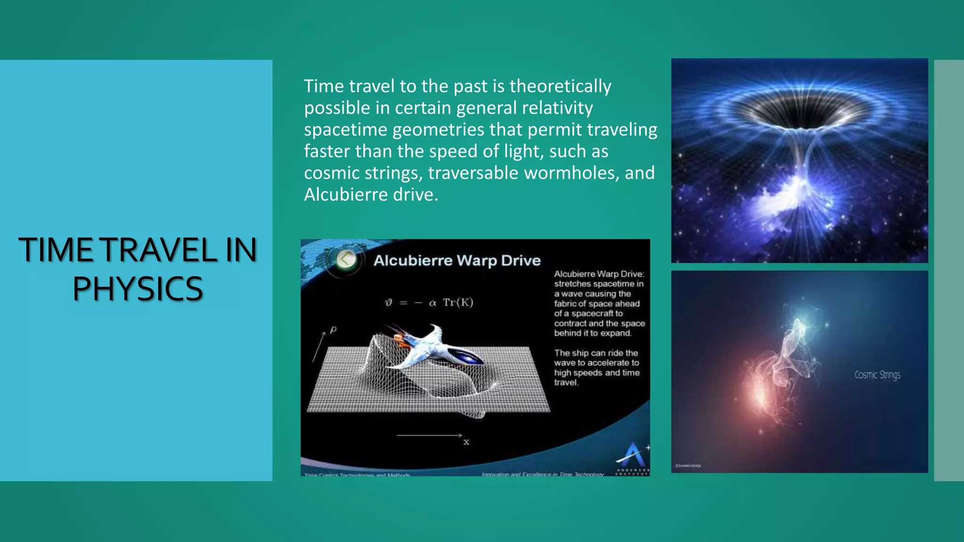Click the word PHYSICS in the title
click(x=137, y=288)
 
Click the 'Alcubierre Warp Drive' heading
click(x=457, y=261)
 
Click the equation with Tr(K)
click(x=429, y=303)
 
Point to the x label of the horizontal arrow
click(x=466, y=442)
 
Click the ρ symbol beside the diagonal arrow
click(x=333, y=329)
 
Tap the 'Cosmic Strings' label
click(x=877, y=375)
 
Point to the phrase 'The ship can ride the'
click(x=595, y=353)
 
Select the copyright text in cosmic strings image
click(x=688, y=465)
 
